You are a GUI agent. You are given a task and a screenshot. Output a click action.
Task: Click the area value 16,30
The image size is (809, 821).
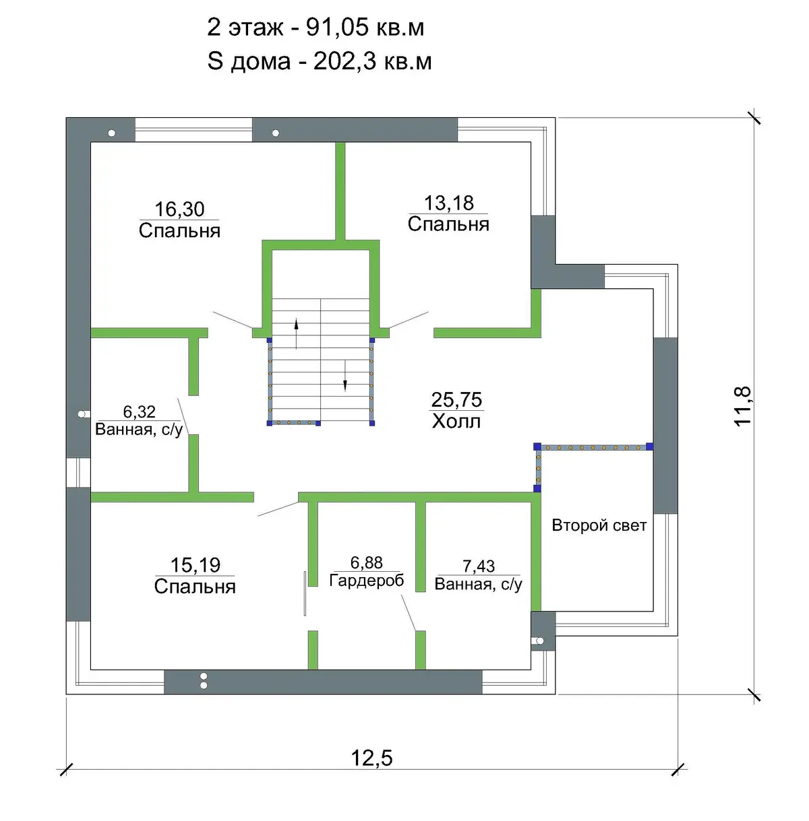click(179, 209)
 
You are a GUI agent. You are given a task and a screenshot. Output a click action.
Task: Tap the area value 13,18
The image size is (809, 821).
click(448, 203)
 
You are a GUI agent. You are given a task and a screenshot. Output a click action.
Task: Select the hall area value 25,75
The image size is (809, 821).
click(456, 399)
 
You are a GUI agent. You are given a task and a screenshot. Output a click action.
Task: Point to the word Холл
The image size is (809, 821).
click(456, 422)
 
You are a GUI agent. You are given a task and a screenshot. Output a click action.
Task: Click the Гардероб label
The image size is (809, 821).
click(367, 581)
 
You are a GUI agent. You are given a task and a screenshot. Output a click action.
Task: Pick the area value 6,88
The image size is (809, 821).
click(367, 563)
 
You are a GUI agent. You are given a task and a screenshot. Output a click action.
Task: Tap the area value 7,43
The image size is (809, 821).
click(479, 566)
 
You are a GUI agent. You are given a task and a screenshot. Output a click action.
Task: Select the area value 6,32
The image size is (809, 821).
click(139, 412)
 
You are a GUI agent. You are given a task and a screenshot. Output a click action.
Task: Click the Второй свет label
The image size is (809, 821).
click(599, 525)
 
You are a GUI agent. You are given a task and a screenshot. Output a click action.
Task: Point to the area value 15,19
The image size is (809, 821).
click(195, 565)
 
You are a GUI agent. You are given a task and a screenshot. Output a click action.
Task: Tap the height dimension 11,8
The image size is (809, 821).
click(742, 405)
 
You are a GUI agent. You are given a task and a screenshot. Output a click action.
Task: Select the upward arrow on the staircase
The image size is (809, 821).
click(296, 333)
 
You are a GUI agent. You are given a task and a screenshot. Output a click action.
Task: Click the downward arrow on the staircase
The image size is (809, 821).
click(345, 376)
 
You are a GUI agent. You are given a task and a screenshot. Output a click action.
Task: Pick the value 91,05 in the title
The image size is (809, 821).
click(337, 28)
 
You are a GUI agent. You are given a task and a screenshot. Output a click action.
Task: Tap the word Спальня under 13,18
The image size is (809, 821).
click(448, 224)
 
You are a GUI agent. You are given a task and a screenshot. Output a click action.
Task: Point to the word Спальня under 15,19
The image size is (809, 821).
click(195, 587)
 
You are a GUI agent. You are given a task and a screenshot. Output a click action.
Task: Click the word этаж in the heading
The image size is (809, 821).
click(256, 28)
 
